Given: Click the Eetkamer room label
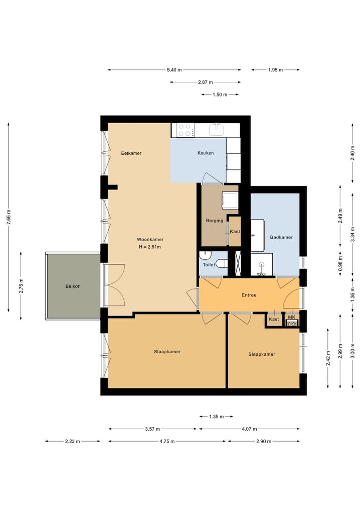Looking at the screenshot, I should [131, 153].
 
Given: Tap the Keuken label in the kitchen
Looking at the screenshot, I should [206, 153].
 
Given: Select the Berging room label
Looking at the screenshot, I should [214, 221].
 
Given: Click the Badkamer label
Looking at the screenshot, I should [281, 237].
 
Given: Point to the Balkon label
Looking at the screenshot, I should [73, 286].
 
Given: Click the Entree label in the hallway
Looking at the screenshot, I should [249, 295].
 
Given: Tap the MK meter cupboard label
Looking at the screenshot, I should [292, 318].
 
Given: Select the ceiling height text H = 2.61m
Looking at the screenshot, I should [150, 247].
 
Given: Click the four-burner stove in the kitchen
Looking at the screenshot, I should [184, 130].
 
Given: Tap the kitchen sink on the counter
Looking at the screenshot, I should [217, 130].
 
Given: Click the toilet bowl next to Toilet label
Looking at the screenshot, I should [222, 264].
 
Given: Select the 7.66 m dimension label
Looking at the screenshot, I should [9, 219].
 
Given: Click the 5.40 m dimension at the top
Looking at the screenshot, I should [174, 70].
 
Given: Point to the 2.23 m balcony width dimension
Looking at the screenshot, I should [72, 441].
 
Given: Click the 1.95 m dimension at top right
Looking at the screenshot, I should [275, 70].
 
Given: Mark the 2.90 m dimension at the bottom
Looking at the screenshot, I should [264, 441].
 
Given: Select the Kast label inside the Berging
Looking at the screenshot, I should [235, 231].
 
